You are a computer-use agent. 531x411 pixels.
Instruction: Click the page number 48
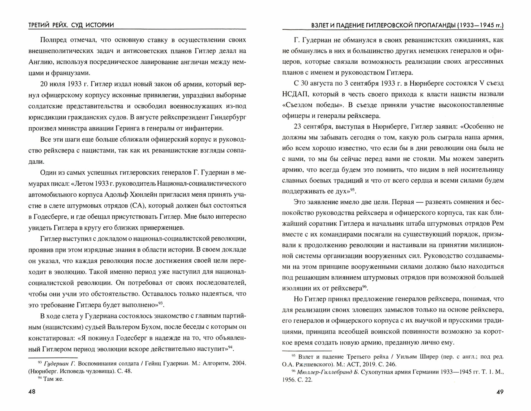pyautogui.click(x=32, y=392)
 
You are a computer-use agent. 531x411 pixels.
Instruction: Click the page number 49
pyautogui.click(x=500, y=392)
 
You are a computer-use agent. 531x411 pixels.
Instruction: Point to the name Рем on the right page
pyautogui.click(x=498, y=223)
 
